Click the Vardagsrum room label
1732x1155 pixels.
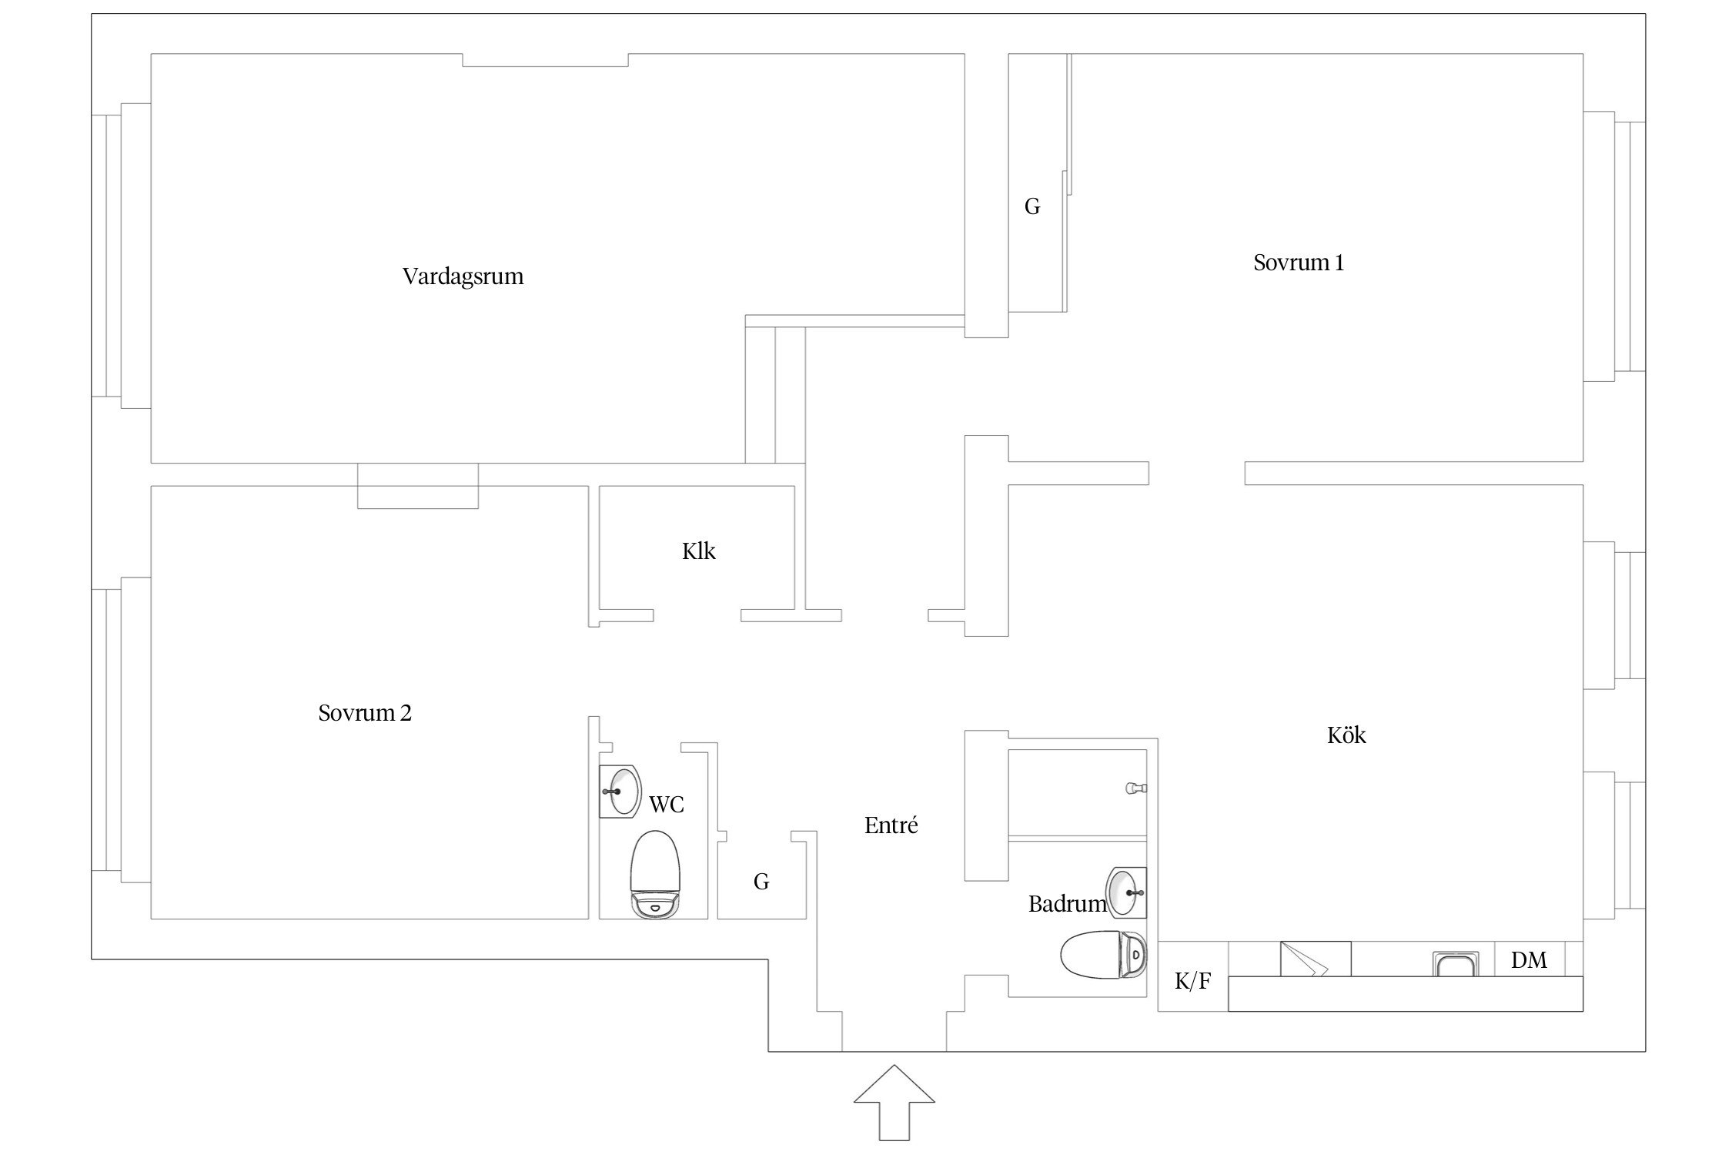(x=463, y=277)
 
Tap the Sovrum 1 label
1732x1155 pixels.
(x=1299, y=263)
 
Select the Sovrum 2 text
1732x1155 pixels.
(x=365, y=713)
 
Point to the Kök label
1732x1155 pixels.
(x=1346, y=735)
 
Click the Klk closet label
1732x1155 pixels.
(x=699, y=551)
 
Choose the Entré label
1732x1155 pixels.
(x=891, y=825)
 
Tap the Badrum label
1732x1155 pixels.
(x=1067, y=904)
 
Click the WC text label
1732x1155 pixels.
(x=667, y=805)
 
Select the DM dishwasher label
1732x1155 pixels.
(x=1529, y=960)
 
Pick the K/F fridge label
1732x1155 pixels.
(x=1192, y=981)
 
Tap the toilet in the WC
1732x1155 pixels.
(x=656, y=875)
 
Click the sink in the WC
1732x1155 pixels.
(x=620, y=792)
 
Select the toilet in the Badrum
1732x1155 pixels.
(x=1102, y=955)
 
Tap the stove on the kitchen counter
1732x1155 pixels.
(x=1316, y=959)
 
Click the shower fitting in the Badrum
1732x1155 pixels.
(x=1136, y=788)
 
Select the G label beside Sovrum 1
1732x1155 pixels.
(x=1032, y=206)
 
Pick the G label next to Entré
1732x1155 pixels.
(x=761, y=882)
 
